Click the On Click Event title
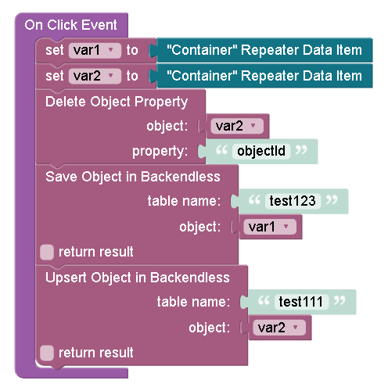click(x=70, y=25)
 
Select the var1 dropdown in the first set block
click(x=95, y=50)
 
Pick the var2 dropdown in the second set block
click(x=95, y=76)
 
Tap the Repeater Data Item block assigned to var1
click(x=264, y=50)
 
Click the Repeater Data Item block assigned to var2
click(x=264, y=76)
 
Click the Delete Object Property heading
click(x=117, y=102)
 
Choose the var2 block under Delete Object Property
click(x=237, y=126)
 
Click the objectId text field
click(x=261, y=151)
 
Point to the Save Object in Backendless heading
click(x=133, y=177)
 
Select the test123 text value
click(x=293, y=201)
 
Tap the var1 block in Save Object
click(x=271, y=227)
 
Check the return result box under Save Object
click(x=47, y=252)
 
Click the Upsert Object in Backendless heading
click(x=138, y=278)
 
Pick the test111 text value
click(x=301, y=302)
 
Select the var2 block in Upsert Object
click(x=280, y=328)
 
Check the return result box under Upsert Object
click(x=47, y=353)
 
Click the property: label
click(x=160, y=152)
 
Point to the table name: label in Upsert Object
click(x=193, y=302)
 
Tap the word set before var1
click(x=55, y=50)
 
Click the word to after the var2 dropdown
click(x=132, y=76)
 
